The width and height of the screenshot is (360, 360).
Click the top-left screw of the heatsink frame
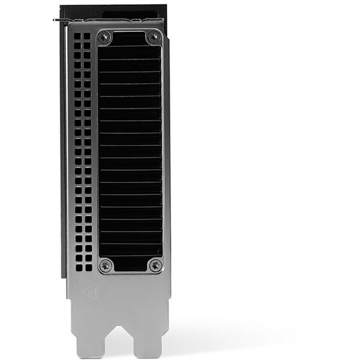[x=106, y=37]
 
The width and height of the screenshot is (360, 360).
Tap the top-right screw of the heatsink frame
[x=155, y=37]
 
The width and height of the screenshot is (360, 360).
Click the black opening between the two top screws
[x=130, y=37]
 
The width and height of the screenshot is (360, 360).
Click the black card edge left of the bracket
[x=62, y=150]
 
